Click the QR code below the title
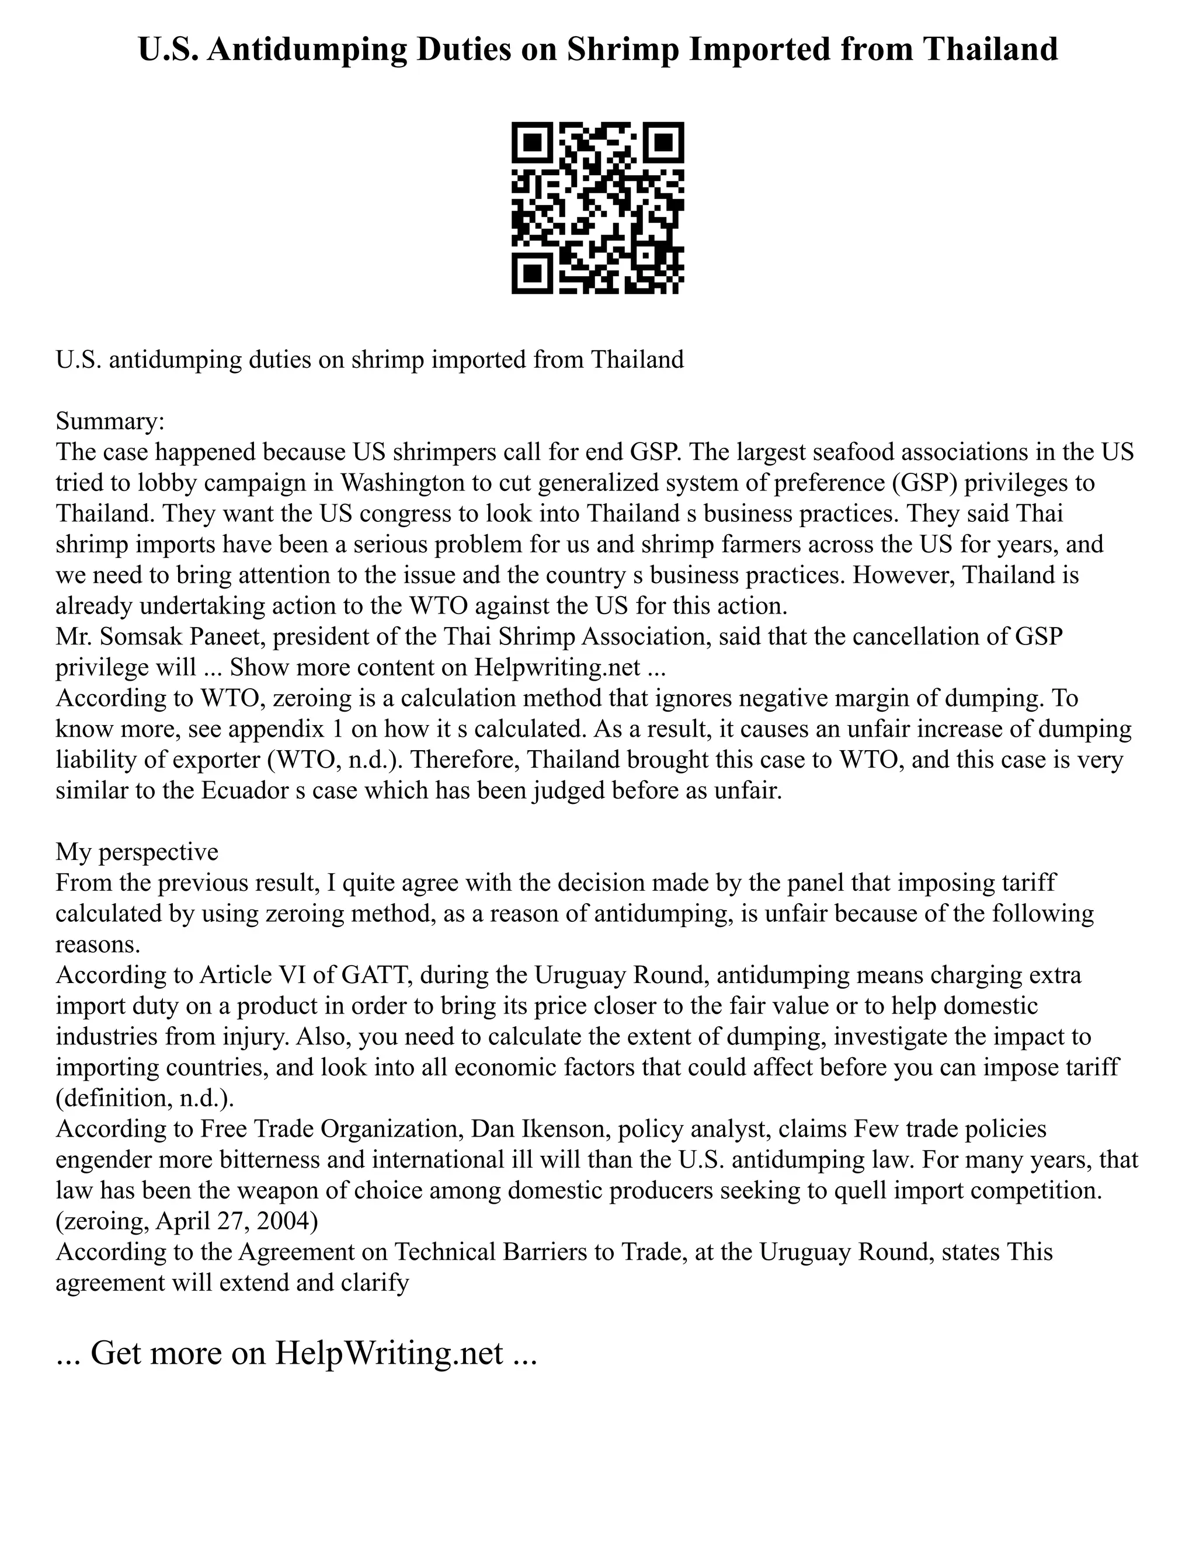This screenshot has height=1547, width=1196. [597, 208]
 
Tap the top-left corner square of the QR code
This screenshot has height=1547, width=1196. [531, 142]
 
